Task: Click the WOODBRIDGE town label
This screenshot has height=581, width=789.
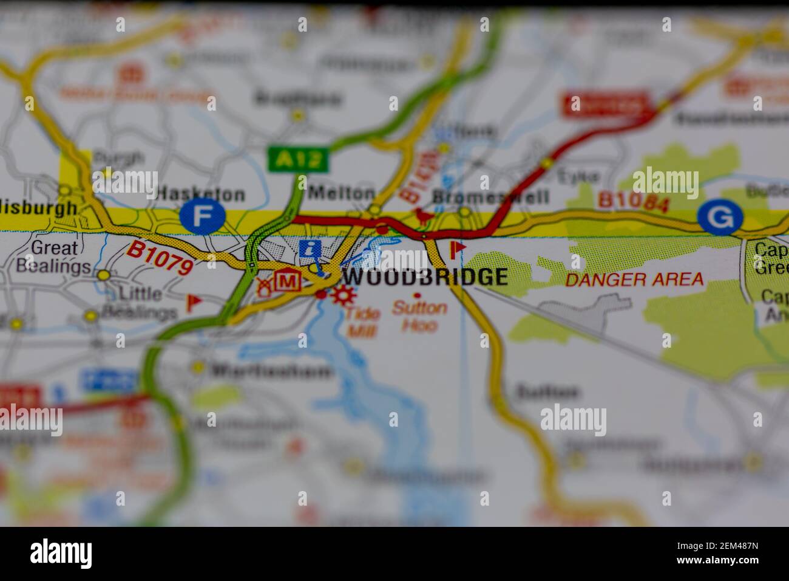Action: pos(425,277)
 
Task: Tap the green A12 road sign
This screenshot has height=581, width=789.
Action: pos(298,159)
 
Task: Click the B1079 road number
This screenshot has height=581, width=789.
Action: pos(160,258)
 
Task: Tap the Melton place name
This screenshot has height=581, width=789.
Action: pos(341,193)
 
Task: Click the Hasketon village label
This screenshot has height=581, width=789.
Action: pos(201,194)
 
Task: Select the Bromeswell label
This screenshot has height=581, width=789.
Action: pos(490,196)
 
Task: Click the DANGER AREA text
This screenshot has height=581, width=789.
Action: pos(634,280)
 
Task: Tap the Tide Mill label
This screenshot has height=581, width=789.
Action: pos(364,322)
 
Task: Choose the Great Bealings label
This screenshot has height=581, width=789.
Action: pos(53,257)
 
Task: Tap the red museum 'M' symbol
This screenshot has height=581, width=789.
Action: pos(288,281)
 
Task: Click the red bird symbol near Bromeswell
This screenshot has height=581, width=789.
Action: pos(419,215)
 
